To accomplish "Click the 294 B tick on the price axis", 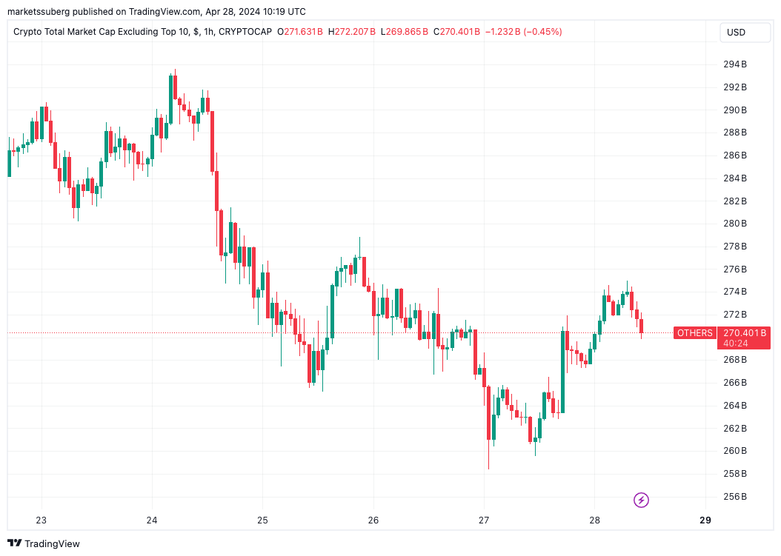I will tap(734, 64).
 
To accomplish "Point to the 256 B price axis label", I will tap(734, 496).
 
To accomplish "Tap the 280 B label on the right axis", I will tap(734, 224).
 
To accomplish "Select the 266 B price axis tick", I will tap(734, 383).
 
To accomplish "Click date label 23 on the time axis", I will tap(41, 520).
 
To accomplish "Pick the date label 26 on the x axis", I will tap(373, 520).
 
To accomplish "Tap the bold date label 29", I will tap(705, 520).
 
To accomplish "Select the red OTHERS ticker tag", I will tap(694, 333).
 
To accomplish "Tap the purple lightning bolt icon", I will tap(642, 500).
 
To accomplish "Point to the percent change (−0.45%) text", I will tap(540, 32).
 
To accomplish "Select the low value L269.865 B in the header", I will tap(405, 32).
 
